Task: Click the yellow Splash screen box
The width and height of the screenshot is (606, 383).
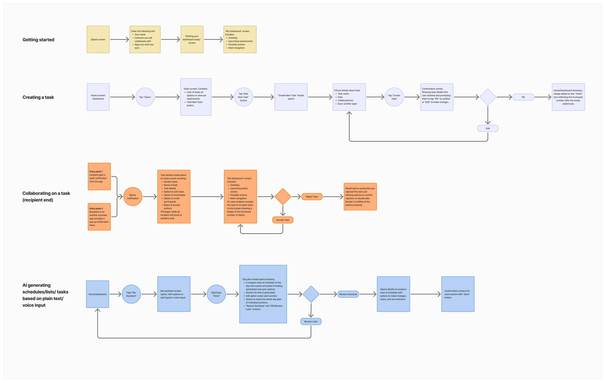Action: pyautogui.click(x=98, y=40)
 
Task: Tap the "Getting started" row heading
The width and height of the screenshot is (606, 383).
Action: pyautogui.click(x=38, y=40)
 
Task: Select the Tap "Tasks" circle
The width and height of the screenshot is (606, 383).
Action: pyautogui.click(x=145, y=97)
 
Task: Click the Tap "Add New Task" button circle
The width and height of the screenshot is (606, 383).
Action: pyautogui.click(x=243, y=97)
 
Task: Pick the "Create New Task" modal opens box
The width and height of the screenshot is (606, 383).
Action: pyautogui.click(x=291, y=97)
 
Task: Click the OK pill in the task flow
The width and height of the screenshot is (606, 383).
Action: pyautogui.click(x=523, y=97)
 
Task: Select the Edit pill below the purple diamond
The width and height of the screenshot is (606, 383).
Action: pyautogui.click(x=487, y=128)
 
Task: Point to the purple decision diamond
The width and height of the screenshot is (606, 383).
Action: pyautogui.click(x=487, y=97)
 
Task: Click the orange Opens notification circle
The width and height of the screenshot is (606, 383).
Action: pyautogui.click(x=133, y=197)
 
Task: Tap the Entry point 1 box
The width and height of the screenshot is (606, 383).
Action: pyautogui.click(x=99, y=176)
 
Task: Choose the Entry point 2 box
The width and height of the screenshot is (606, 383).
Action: pyautogui.click(x=99, y=217)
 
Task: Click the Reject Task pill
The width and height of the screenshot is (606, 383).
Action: pyautogui.click(x=312, y=197)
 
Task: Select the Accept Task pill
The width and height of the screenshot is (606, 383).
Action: pyautogui.click(x=283, y=220)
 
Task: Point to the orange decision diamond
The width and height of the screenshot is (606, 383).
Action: pyautogui.click(x=283, y=197)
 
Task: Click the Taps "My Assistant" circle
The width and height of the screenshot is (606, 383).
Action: pyautogui.click(x=131, y=294)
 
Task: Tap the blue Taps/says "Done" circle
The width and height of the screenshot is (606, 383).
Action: pyautogui.click(x=216, y=294)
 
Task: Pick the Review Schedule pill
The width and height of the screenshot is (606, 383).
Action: pyautogui.click(x=348, y=294)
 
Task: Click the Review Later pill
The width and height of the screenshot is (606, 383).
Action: pyautogui.click(x=311, y=321)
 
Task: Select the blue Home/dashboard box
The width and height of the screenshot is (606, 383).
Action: pyautogui.click(x=97, y=294)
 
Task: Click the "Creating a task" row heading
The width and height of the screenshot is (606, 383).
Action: pyautogui.click(x=38, y=97)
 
